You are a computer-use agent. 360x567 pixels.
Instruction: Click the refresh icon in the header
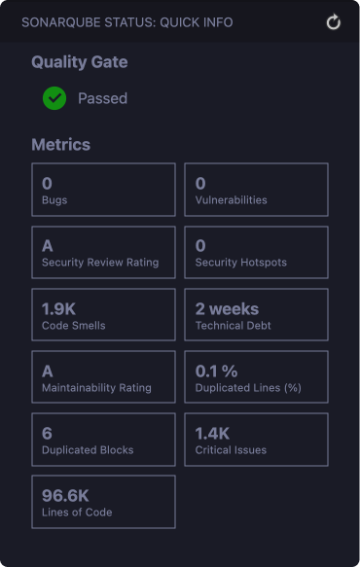click(333, 22)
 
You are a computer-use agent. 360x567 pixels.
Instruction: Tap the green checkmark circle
click(54, 98)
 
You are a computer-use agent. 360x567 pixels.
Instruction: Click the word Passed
click(103, 98)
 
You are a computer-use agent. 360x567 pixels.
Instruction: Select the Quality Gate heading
click(80, 62)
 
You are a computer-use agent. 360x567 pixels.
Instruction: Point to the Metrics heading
click(60, 145)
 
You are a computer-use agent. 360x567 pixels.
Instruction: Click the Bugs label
click(54, 200)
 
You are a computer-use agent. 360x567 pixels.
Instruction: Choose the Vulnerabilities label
click(232, 200)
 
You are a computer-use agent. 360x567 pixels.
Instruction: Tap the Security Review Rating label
click(100, 263)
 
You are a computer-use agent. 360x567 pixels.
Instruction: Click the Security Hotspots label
click(241, 263)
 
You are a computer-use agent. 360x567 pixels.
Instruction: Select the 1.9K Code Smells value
click(58, 309)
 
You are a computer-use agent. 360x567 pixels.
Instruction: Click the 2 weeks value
click(228, 309)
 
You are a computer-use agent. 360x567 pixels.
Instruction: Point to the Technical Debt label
click(233, 326)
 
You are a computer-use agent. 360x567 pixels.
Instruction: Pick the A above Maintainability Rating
click(48, 372)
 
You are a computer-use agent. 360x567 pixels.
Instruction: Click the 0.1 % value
click(216, 372)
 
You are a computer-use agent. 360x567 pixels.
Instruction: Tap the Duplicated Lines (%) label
click(248, 388)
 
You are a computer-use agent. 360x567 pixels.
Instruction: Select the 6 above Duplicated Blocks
click(47, 434)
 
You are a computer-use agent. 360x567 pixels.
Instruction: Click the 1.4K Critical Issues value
click(212, 434)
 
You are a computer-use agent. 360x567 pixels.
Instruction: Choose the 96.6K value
click(65, 496)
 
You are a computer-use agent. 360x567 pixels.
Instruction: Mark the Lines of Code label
click(77, 512)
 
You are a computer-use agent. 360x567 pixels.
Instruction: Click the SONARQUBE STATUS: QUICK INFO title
click(127, 22)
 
